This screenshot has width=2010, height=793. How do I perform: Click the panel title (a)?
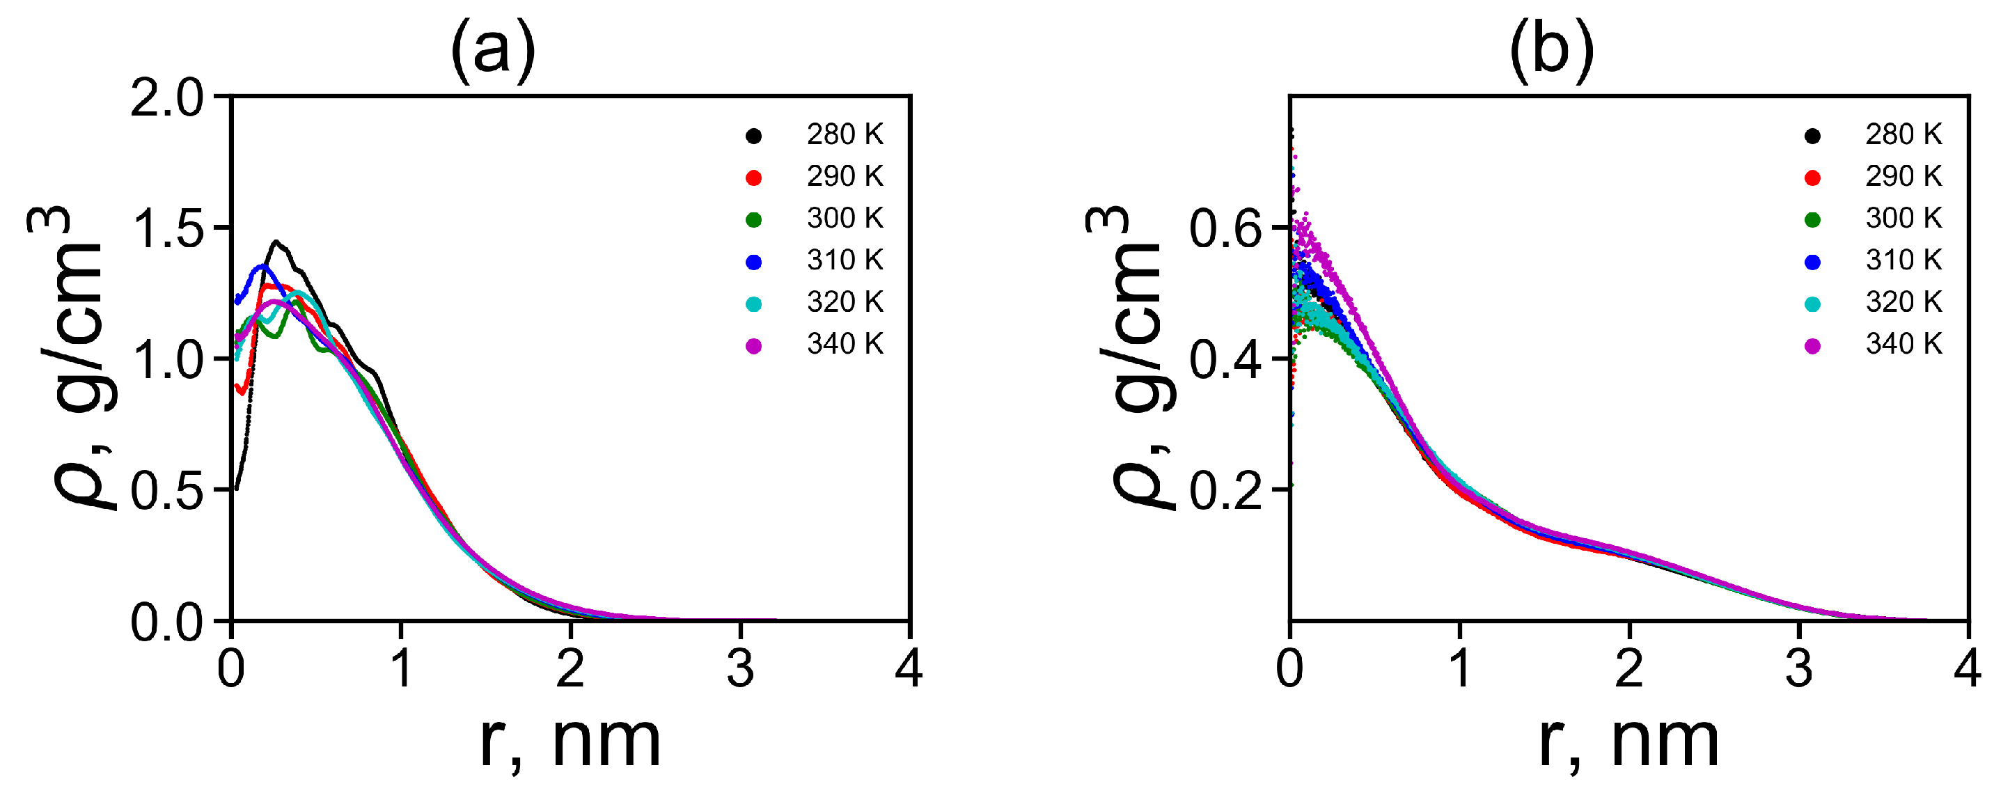492,50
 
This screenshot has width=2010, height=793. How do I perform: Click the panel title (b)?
1551,50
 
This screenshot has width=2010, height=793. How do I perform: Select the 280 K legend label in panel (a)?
845,135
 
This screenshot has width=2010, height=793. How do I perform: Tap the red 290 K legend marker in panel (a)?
754,178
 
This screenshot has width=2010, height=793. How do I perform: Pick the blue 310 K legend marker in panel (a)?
754,262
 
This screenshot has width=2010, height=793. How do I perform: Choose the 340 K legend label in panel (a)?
845,344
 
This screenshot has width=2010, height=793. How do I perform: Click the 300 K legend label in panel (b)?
1903,219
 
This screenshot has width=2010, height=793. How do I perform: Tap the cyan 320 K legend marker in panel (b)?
1812,304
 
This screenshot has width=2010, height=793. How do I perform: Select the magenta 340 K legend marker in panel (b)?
1812,346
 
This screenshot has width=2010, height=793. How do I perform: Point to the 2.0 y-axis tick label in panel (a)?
166,100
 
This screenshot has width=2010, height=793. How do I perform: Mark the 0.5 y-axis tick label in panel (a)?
166,492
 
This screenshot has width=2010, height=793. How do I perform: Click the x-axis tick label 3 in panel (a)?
739,670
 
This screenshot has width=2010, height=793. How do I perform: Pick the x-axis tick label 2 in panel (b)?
1629,670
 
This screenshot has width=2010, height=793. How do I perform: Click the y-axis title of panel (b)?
1131,359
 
